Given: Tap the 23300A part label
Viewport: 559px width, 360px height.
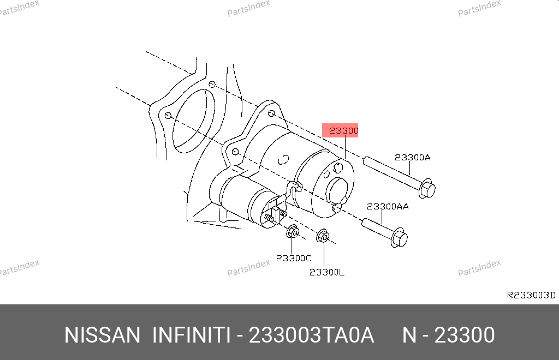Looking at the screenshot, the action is click(x=413, y=158).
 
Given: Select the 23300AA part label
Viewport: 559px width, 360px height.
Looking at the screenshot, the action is click(x=388, y=207).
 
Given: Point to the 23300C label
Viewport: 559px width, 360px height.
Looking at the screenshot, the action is click(x=294, y=258).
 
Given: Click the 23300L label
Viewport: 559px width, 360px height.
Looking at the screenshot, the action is click(x=327, y=272).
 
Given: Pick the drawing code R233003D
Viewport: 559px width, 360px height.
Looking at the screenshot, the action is click(x=531, y=295).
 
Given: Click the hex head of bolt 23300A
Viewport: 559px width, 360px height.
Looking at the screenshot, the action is click(x=427, y=189).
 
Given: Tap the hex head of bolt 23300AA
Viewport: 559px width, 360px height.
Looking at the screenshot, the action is click(x=399, y=237).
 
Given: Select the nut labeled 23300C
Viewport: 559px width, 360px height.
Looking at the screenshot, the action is click(x=293, y=232).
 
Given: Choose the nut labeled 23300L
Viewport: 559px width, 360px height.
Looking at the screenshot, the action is click(x=323, y=236).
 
